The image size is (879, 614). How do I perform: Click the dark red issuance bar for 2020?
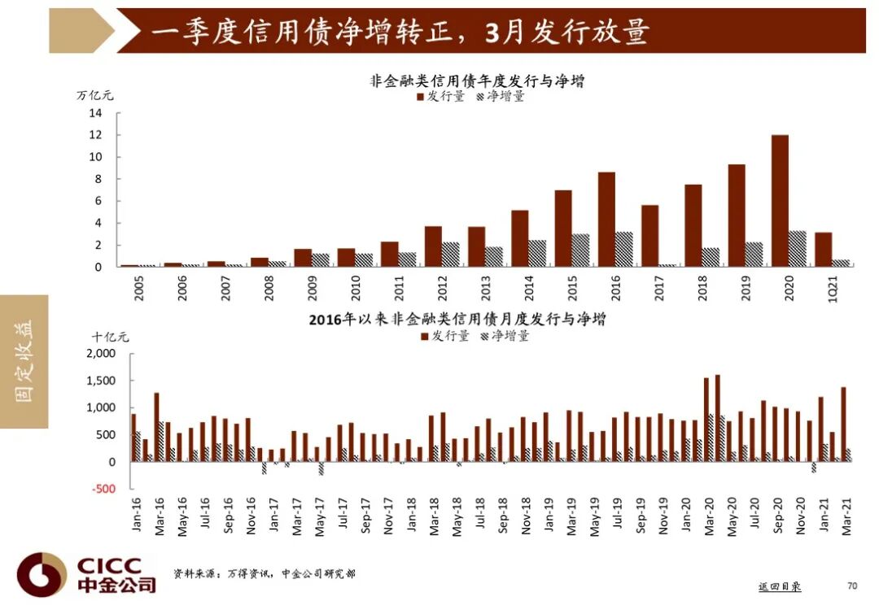pos(780,201)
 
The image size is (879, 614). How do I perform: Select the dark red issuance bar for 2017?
pos(649,236)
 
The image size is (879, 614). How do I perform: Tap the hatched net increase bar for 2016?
pos(623,250)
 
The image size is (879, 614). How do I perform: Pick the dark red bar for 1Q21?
pos(823,250)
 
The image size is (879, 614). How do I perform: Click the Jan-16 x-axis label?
pos(134,514)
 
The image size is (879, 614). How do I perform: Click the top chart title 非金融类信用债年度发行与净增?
pos(478,81)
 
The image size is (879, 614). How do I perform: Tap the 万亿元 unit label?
pos(95,95)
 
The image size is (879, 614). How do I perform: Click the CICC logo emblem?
pos(42,575)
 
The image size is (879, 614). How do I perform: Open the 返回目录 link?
pos(779,586)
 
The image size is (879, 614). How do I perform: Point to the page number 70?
pos(852,586)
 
